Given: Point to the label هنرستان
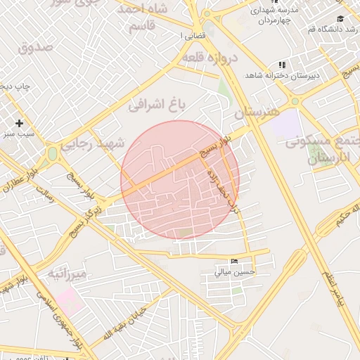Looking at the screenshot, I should (257, 112).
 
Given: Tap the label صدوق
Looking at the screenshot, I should (37, 48).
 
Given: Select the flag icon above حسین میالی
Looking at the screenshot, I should (234, 262).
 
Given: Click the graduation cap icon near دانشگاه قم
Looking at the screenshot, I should (340, 18).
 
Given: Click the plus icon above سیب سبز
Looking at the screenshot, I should (20, 123).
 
